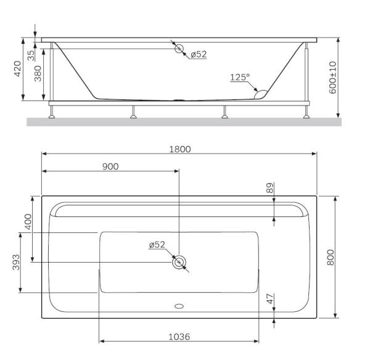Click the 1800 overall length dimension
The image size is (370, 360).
181,149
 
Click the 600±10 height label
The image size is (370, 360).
333,77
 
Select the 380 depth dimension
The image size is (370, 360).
38,74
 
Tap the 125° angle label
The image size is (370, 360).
240,77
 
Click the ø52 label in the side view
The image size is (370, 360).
198,54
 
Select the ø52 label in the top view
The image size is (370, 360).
157,245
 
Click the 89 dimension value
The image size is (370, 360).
269,188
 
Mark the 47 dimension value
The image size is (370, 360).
269,298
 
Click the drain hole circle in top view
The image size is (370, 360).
179,262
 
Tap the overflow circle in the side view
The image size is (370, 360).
179,49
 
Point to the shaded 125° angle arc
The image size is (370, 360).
261,94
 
